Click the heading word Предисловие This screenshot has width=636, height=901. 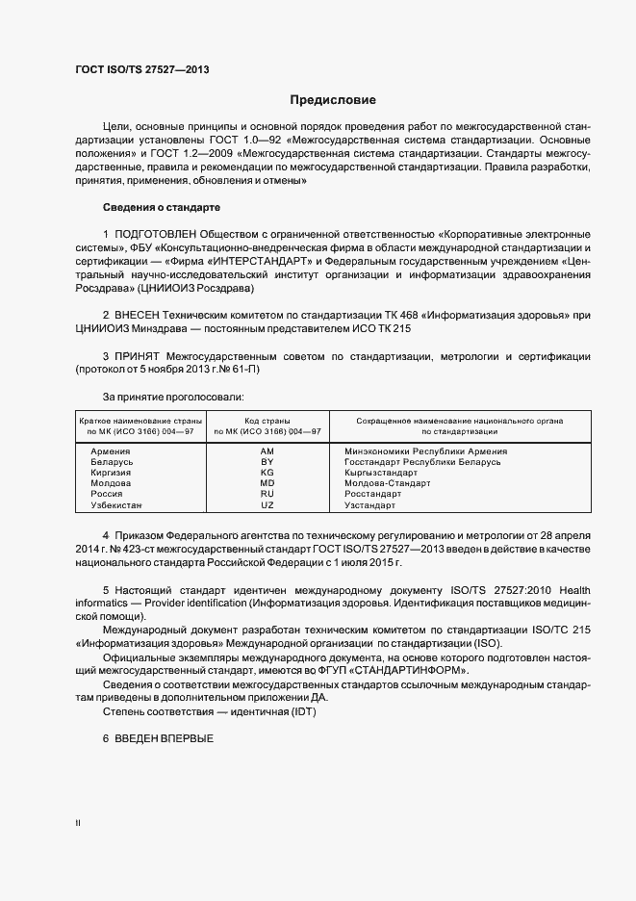(334, 100)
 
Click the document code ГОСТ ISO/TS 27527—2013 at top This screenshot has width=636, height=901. (142, 70)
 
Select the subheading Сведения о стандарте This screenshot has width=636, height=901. (162, 207)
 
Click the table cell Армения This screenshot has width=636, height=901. (111, 450)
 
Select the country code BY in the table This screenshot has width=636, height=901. (267, 462)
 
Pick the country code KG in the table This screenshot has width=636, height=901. (267, 473)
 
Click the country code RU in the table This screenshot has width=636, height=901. (267, 494)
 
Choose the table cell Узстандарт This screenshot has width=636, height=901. (370, 505)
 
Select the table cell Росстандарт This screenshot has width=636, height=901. (373, 494)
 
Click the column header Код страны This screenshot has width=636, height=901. (267, 421)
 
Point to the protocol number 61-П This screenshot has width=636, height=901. (246, 370)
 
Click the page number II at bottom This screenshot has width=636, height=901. (78, 823)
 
